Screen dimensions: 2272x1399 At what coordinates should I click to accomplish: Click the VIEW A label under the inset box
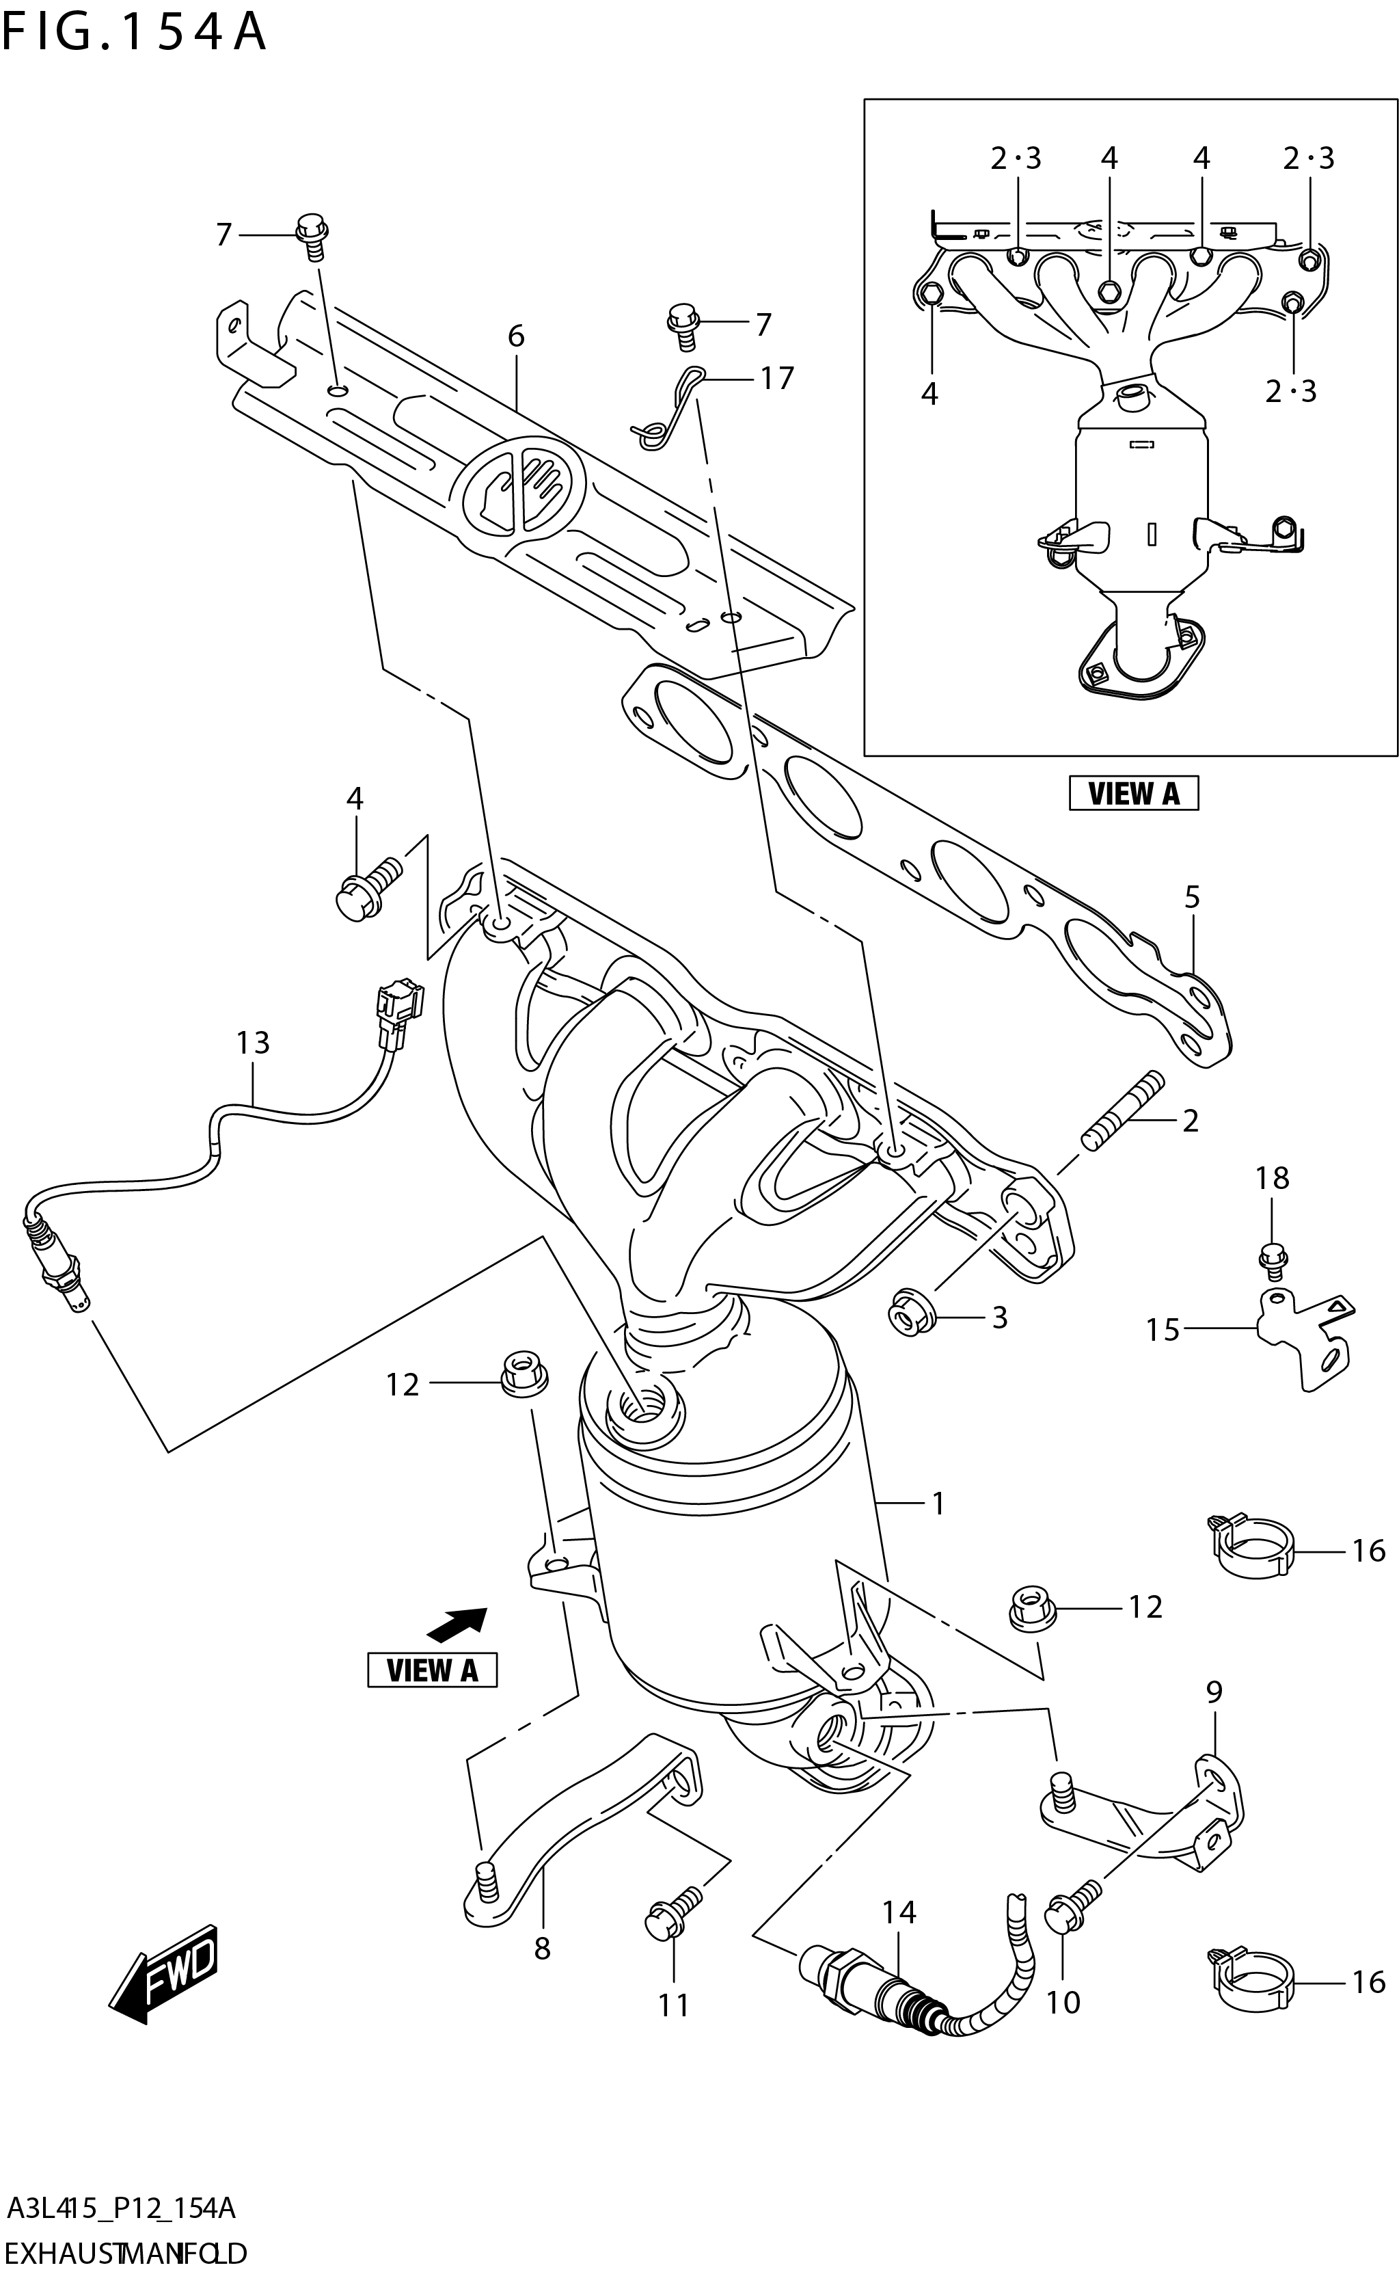1132,793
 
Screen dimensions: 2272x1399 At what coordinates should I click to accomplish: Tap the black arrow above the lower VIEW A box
457,1625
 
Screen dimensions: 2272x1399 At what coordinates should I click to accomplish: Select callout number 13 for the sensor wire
253,1043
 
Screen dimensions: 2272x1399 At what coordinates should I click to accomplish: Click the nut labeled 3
912,1315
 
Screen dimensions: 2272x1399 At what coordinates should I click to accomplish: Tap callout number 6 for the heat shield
515,336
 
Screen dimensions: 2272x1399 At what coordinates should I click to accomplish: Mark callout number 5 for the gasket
1192,897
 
